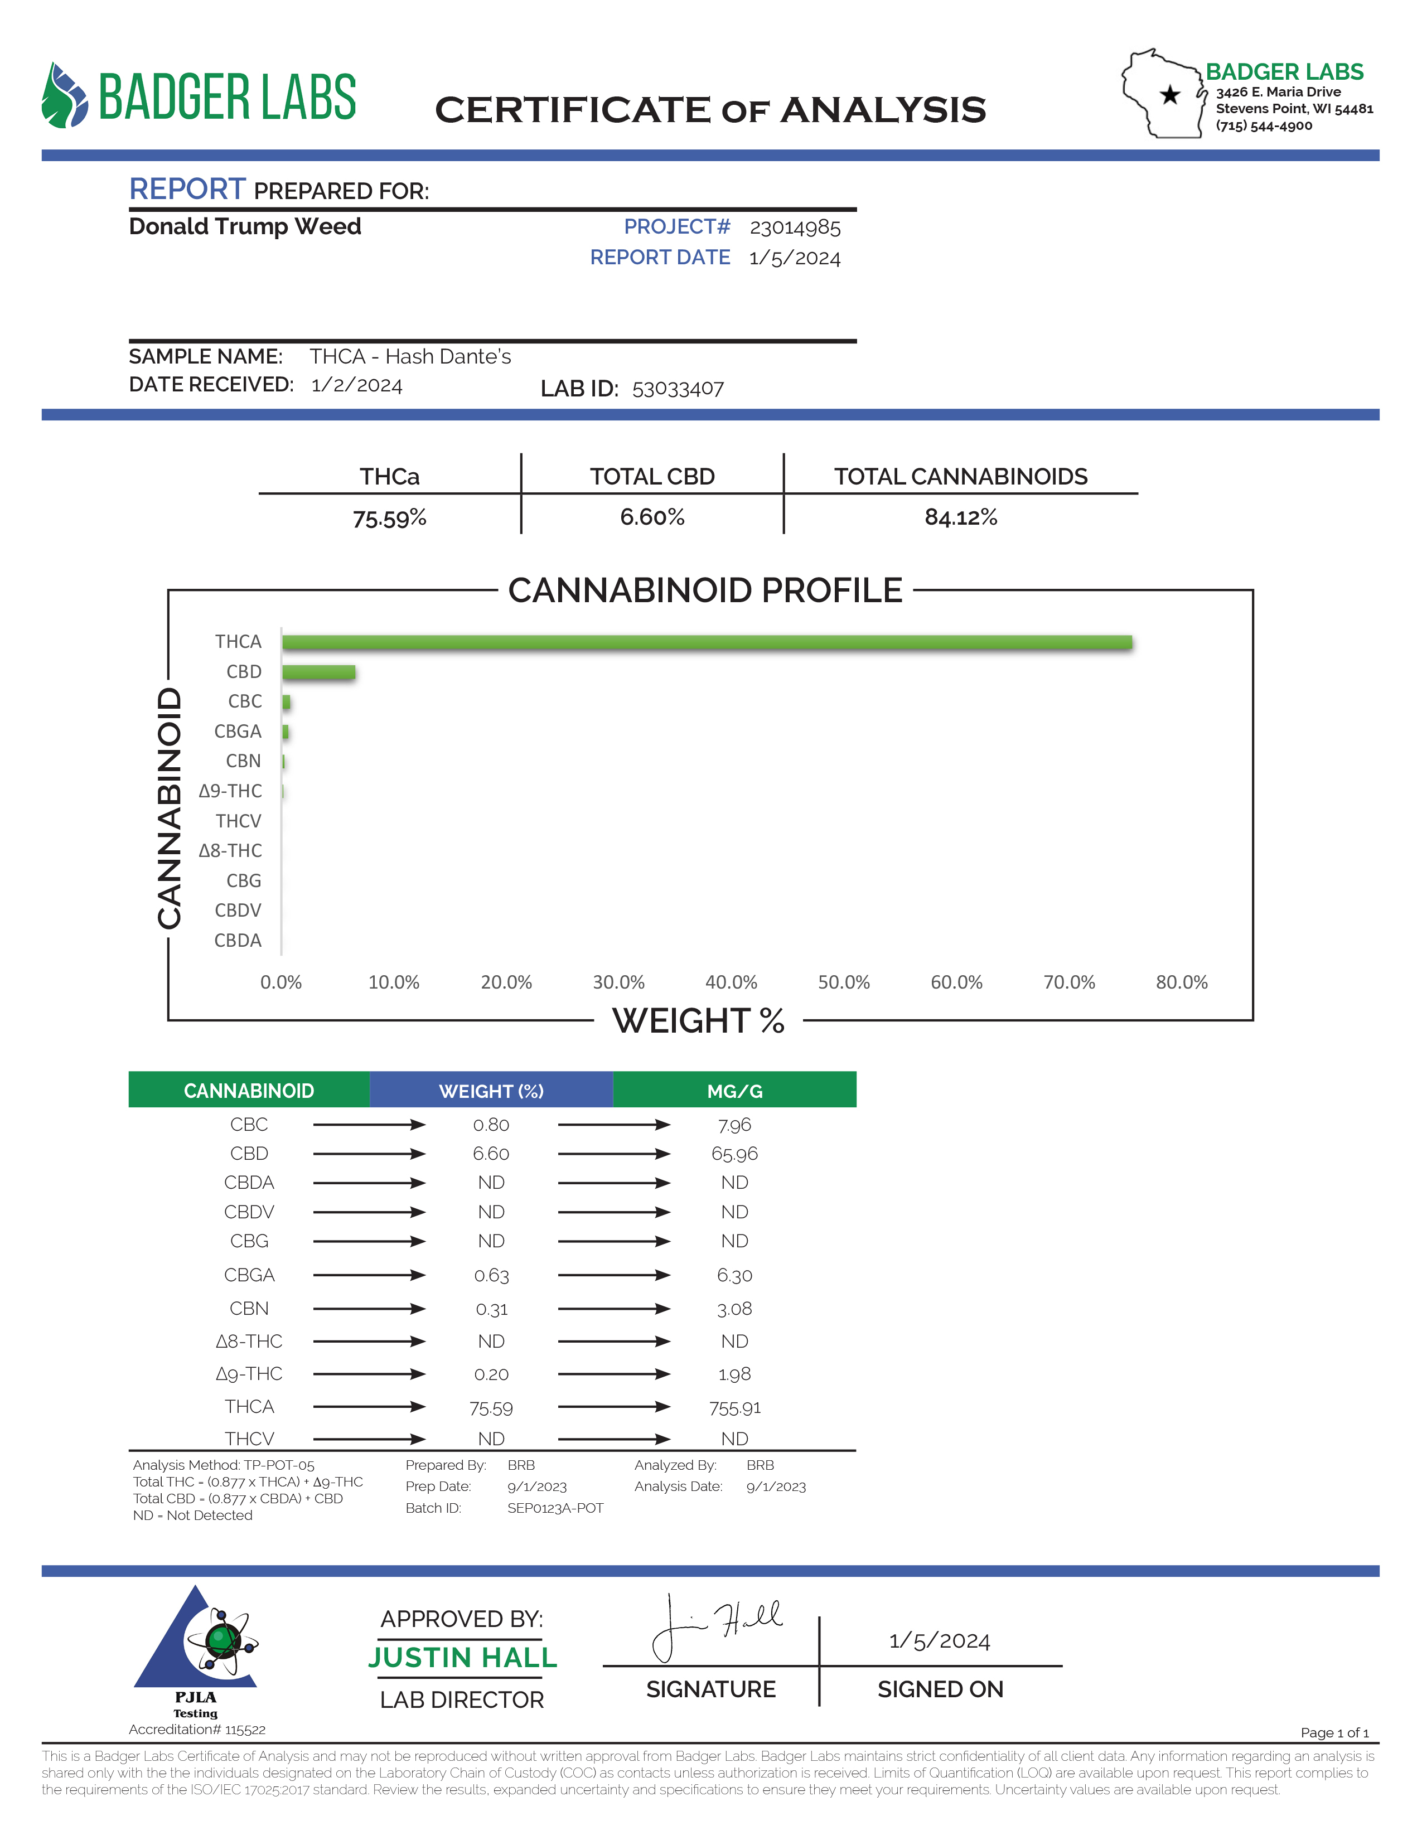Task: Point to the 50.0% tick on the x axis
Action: pos(843,982)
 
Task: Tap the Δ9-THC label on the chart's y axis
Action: pos(230,791)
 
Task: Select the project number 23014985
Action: pos(795,227)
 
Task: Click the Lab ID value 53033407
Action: pos(678,389)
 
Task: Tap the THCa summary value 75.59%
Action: pos(389,518)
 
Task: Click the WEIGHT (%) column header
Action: pos(491,1091)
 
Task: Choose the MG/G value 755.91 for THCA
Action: pos(734,1408)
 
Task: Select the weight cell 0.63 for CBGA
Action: pos(491,1276)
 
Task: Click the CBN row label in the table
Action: pos(249,1309)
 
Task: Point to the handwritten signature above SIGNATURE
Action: pos(716,1626)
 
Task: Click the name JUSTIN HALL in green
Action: pos(462,1658)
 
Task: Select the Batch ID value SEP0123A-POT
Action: pos(555,1508)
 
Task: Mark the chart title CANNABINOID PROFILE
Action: pos(705,590)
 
